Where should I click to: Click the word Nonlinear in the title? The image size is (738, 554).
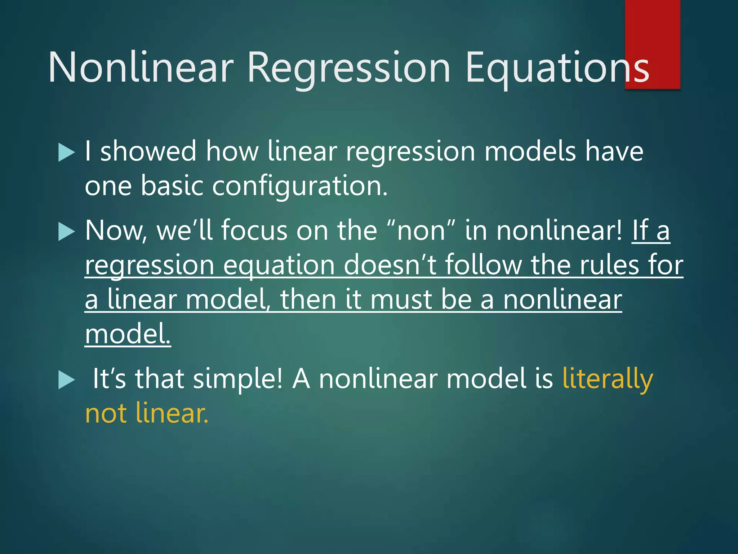pos(141,67)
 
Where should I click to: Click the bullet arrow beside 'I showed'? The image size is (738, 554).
pos(66,152)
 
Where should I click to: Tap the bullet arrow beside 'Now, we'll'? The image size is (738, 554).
pos(66,232)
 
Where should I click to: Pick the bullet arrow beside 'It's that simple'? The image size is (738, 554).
pos(66,380)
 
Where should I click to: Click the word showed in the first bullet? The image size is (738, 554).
pos(148,151)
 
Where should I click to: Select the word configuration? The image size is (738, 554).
pos(300,186)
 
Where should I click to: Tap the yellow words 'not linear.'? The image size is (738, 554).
pos(147,413)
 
